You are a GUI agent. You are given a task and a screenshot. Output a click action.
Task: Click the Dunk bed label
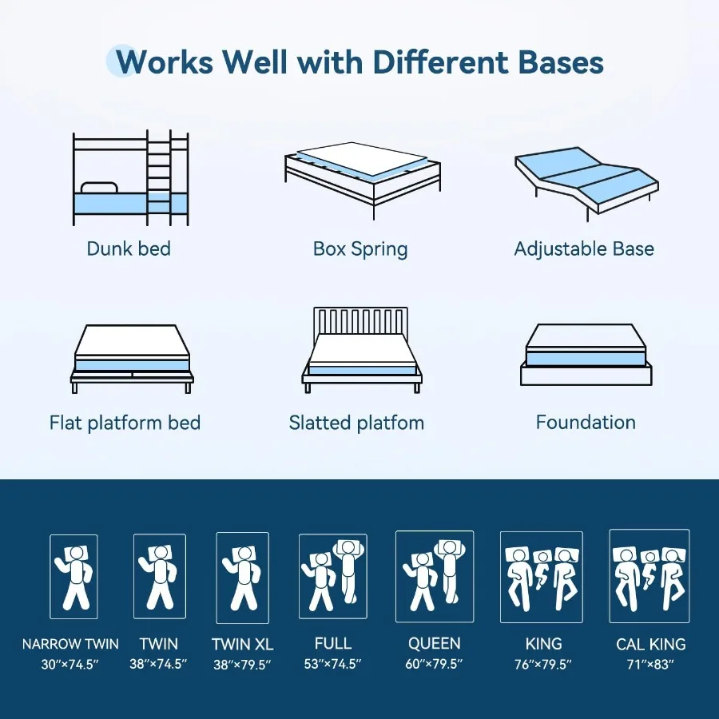coord(129,248)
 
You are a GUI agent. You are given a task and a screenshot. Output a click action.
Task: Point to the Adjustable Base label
coord(584,248)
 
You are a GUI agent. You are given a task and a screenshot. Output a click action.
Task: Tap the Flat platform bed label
coord(125,422)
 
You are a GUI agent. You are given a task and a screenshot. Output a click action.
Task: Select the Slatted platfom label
coord(356,422)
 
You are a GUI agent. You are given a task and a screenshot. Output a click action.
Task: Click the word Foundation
coord(586,422)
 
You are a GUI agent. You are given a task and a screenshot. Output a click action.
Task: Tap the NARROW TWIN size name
coord(70,644)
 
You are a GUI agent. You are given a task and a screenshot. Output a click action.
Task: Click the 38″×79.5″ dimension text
coord(241,664)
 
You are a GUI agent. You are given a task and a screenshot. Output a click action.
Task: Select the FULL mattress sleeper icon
coord(333,575)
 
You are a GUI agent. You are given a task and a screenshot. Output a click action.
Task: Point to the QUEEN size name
coord(434,643)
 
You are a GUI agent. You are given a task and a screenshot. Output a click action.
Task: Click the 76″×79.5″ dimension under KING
coord(543,664)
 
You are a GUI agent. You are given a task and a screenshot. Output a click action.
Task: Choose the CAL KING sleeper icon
coord(649,575)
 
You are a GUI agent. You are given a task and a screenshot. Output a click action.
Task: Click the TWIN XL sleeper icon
coord(242,578)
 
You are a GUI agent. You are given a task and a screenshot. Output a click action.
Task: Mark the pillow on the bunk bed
coord(99,188)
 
